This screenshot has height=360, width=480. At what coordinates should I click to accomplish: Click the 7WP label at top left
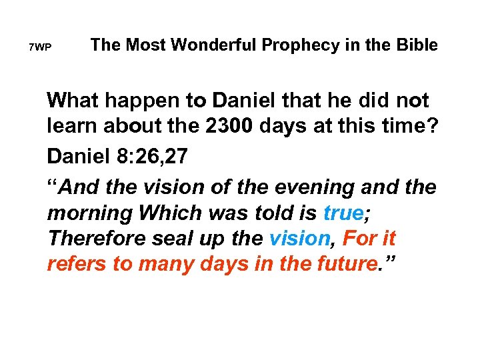[40, 48]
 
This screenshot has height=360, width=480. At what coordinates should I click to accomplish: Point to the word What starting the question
[73, 101]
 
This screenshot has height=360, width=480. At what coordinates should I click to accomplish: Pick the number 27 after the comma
[176, 157]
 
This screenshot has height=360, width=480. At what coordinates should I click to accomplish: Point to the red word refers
[75, 264]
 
